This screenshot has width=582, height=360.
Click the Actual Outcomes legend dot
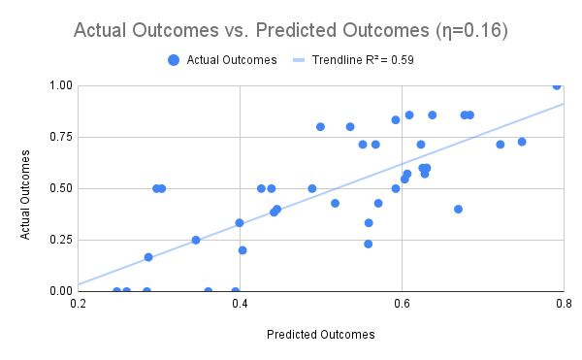tap(174, 59)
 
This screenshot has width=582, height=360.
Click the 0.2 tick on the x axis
tap(78, 305)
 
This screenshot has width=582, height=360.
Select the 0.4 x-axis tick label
tap(240, 305)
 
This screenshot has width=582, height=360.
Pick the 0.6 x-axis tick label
tap(402, 305)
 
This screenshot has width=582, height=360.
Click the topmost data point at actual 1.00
tap(557, 85)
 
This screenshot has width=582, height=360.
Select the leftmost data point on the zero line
tap(117, 291)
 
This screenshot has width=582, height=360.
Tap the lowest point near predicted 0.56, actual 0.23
tap(369, 244)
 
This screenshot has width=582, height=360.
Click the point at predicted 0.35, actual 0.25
tap(196, 240)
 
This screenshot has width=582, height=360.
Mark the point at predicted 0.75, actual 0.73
tap(522, 142)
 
